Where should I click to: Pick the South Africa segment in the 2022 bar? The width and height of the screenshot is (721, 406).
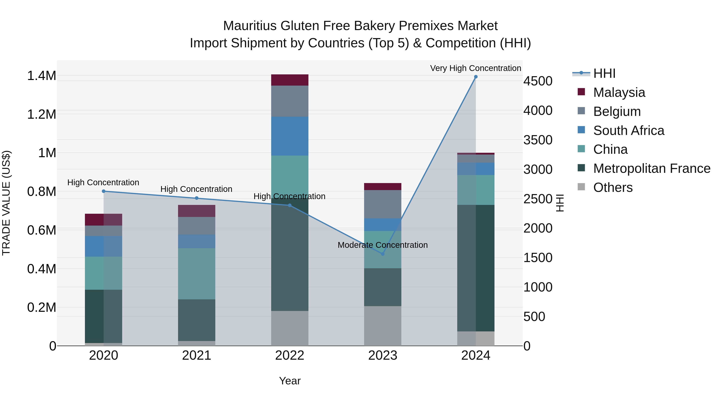(290, 136)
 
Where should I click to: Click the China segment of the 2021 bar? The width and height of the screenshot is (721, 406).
(196, 274)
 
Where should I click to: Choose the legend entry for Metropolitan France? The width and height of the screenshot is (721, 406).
(652, 168)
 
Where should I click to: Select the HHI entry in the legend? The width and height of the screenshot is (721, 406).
(604, 73)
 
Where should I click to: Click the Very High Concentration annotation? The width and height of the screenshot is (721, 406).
(475, 68)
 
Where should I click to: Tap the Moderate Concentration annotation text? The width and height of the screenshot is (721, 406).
(383, 245)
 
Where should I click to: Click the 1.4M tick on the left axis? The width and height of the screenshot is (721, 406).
(41, 76)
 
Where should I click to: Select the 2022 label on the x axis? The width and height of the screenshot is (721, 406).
(290, 355)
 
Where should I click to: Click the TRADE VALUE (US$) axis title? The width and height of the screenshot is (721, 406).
(6, 203)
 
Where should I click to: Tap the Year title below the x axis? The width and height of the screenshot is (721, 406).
(290, 381)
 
